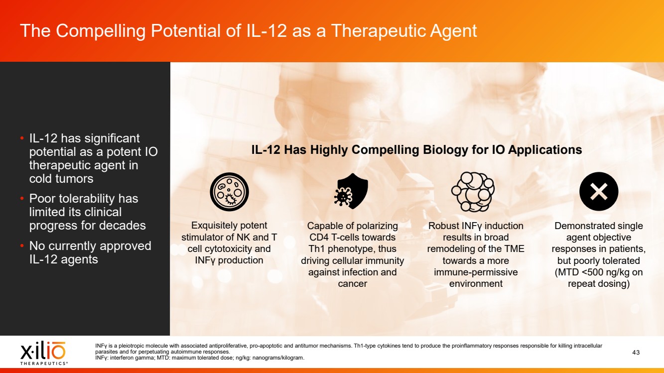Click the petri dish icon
[x=229, y=192]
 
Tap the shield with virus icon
[x=351, y=191]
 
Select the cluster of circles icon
[x=473, y=192]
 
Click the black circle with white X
[x=599, y=191]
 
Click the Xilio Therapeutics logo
[x=43, y=353]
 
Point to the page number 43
[x=636, y=352]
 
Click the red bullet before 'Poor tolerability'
[x=22, y=199]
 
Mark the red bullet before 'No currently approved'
[x=22, y=246]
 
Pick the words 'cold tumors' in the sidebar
[x=61, y=179]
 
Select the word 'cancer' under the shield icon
[x=353, y=283]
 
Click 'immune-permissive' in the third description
[x=476, y=272]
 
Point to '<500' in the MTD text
[x=587, y=272]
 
